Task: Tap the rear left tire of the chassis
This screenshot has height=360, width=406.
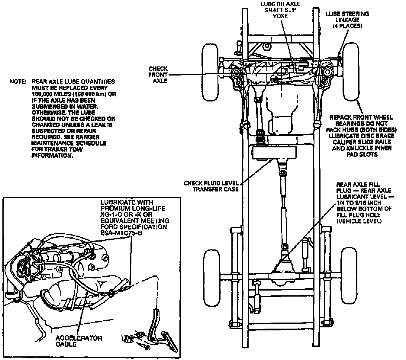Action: (x=213, y=277)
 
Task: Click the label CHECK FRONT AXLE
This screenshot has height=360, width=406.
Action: (x=160, y=75)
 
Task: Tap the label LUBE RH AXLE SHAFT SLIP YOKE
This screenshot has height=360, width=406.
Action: (x=280, y=10)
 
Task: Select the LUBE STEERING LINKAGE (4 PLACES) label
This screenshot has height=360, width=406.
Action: (x=347, y=20)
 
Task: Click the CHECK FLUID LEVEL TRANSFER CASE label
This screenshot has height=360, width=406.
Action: (x=211, y=186)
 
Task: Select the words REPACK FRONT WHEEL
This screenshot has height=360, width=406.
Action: (x=361, y=117)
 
